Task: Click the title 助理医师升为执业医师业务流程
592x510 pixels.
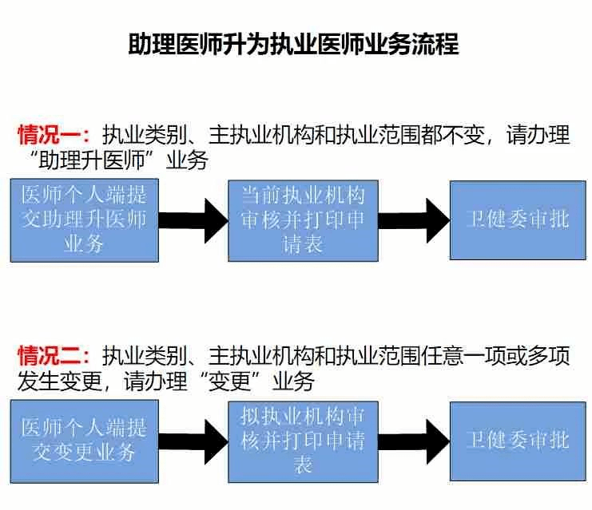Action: point(294,44)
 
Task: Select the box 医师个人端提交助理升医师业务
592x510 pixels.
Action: point(84,220)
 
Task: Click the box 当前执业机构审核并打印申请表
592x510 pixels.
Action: point(303,220)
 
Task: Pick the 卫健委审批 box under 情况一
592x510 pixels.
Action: point(518,220)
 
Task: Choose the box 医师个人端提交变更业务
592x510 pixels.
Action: point(84,441)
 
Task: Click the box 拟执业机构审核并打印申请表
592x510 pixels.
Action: point(303,441)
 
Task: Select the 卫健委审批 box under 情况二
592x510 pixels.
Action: point(518,441)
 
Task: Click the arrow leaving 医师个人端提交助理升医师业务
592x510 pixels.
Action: point(193,220)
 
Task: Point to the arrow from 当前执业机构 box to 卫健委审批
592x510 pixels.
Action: point(414,220)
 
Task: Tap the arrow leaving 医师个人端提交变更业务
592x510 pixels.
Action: point(193,441)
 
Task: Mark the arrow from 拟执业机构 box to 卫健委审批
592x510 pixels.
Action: point(414,441)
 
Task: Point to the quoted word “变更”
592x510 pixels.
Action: point(230,381)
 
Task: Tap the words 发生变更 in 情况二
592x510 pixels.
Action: point(60,381)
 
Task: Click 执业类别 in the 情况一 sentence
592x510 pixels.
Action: point(145,135)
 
